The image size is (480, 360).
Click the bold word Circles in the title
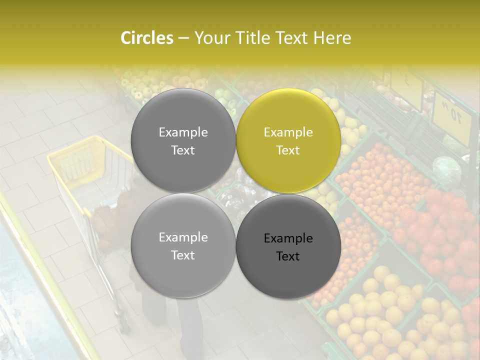tap(146, 38)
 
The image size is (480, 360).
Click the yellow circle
tap(288, 140)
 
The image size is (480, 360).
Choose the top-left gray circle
tap(183, 140)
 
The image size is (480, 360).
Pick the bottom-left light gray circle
tap(183, 245)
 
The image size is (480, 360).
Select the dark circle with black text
tap(288, 245)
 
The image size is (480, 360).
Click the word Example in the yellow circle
tap(288, 132)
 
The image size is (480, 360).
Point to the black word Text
tap(288, 256)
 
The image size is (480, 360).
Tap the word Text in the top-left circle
tap(183, 150)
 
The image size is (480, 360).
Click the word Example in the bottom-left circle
tap(183, 237)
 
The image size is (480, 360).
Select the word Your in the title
tap(210, 38)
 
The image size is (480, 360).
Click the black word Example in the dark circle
tap(288, 238)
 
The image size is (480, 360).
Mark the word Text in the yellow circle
tap(288, 150)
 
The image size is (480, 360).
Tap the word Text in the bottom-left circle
tap(183, 255)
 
